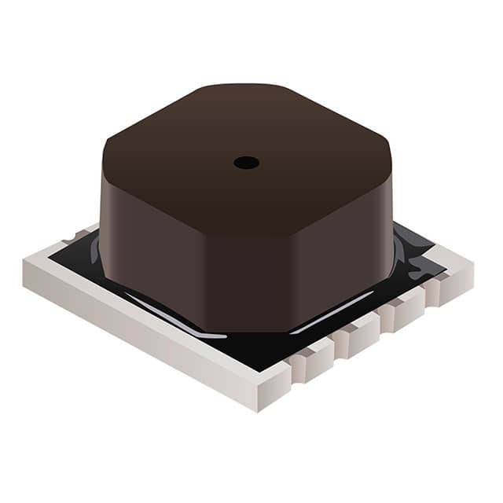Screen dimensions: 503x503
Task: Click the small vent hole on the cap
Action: pos(246,163)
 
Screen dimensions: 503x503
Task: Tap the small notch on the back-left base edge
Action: pos(72,235)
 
